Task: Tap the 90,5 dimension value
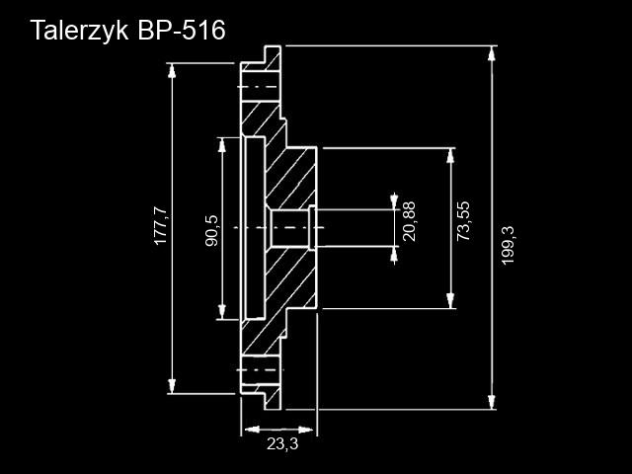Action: coord(210,230)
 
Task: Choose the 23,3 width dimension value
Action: coord(282,444)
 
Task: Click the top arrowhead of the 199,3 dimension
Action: coord(492,52)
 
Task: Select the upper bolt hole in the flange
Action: coord(259,88)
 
